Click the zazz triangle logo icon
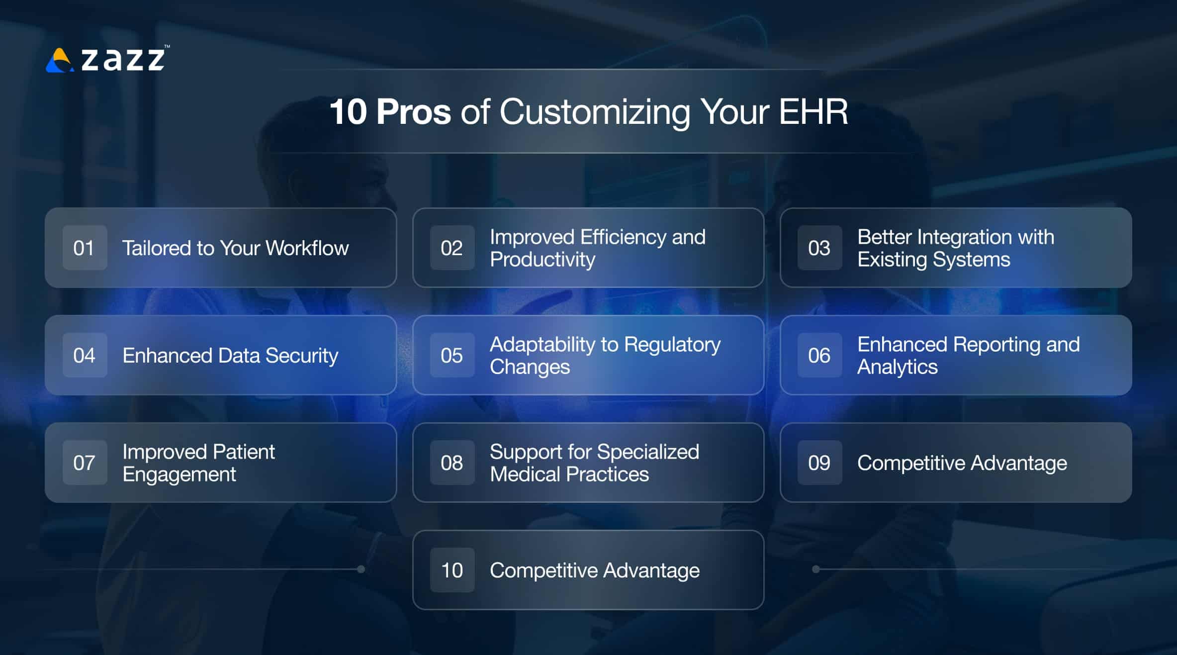coord(60,61)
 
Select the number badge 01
coord(85,248)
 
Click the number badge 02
coord(452,248)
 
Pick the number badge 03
coord(819,248)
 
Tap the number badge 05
coord(452,355)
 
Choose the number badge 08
coord(452,463)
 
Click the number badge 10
coord(452,570)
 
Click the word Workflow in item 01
coord(307,248)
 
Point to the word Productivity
coord(542,260)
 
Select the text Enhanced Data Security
coord(230,355)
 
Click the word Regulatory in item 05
coord(672,344)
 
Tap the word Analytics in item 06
coord(897,367)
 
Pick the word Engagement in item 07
coord(179,474)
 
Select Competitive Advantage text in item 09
coord(962,463)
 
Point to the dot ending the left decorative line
coord(361,569)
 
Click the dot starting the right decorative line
coord(815,569)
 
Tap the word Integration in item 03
coord(964,237)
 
